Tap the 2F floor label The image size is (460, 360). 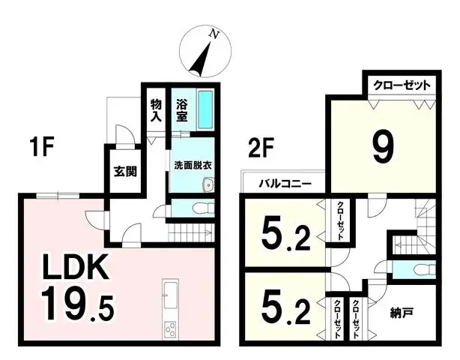pyautogui.click(x=261, y=147)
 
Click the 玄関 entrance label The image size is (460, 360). pyautogui.click(x=124, y=171)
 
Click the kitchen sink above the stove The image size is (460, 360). pyautogui.click(x=169, y=295)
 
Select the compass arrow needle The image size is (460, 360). pyautogui.click(x=199, y=60)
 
